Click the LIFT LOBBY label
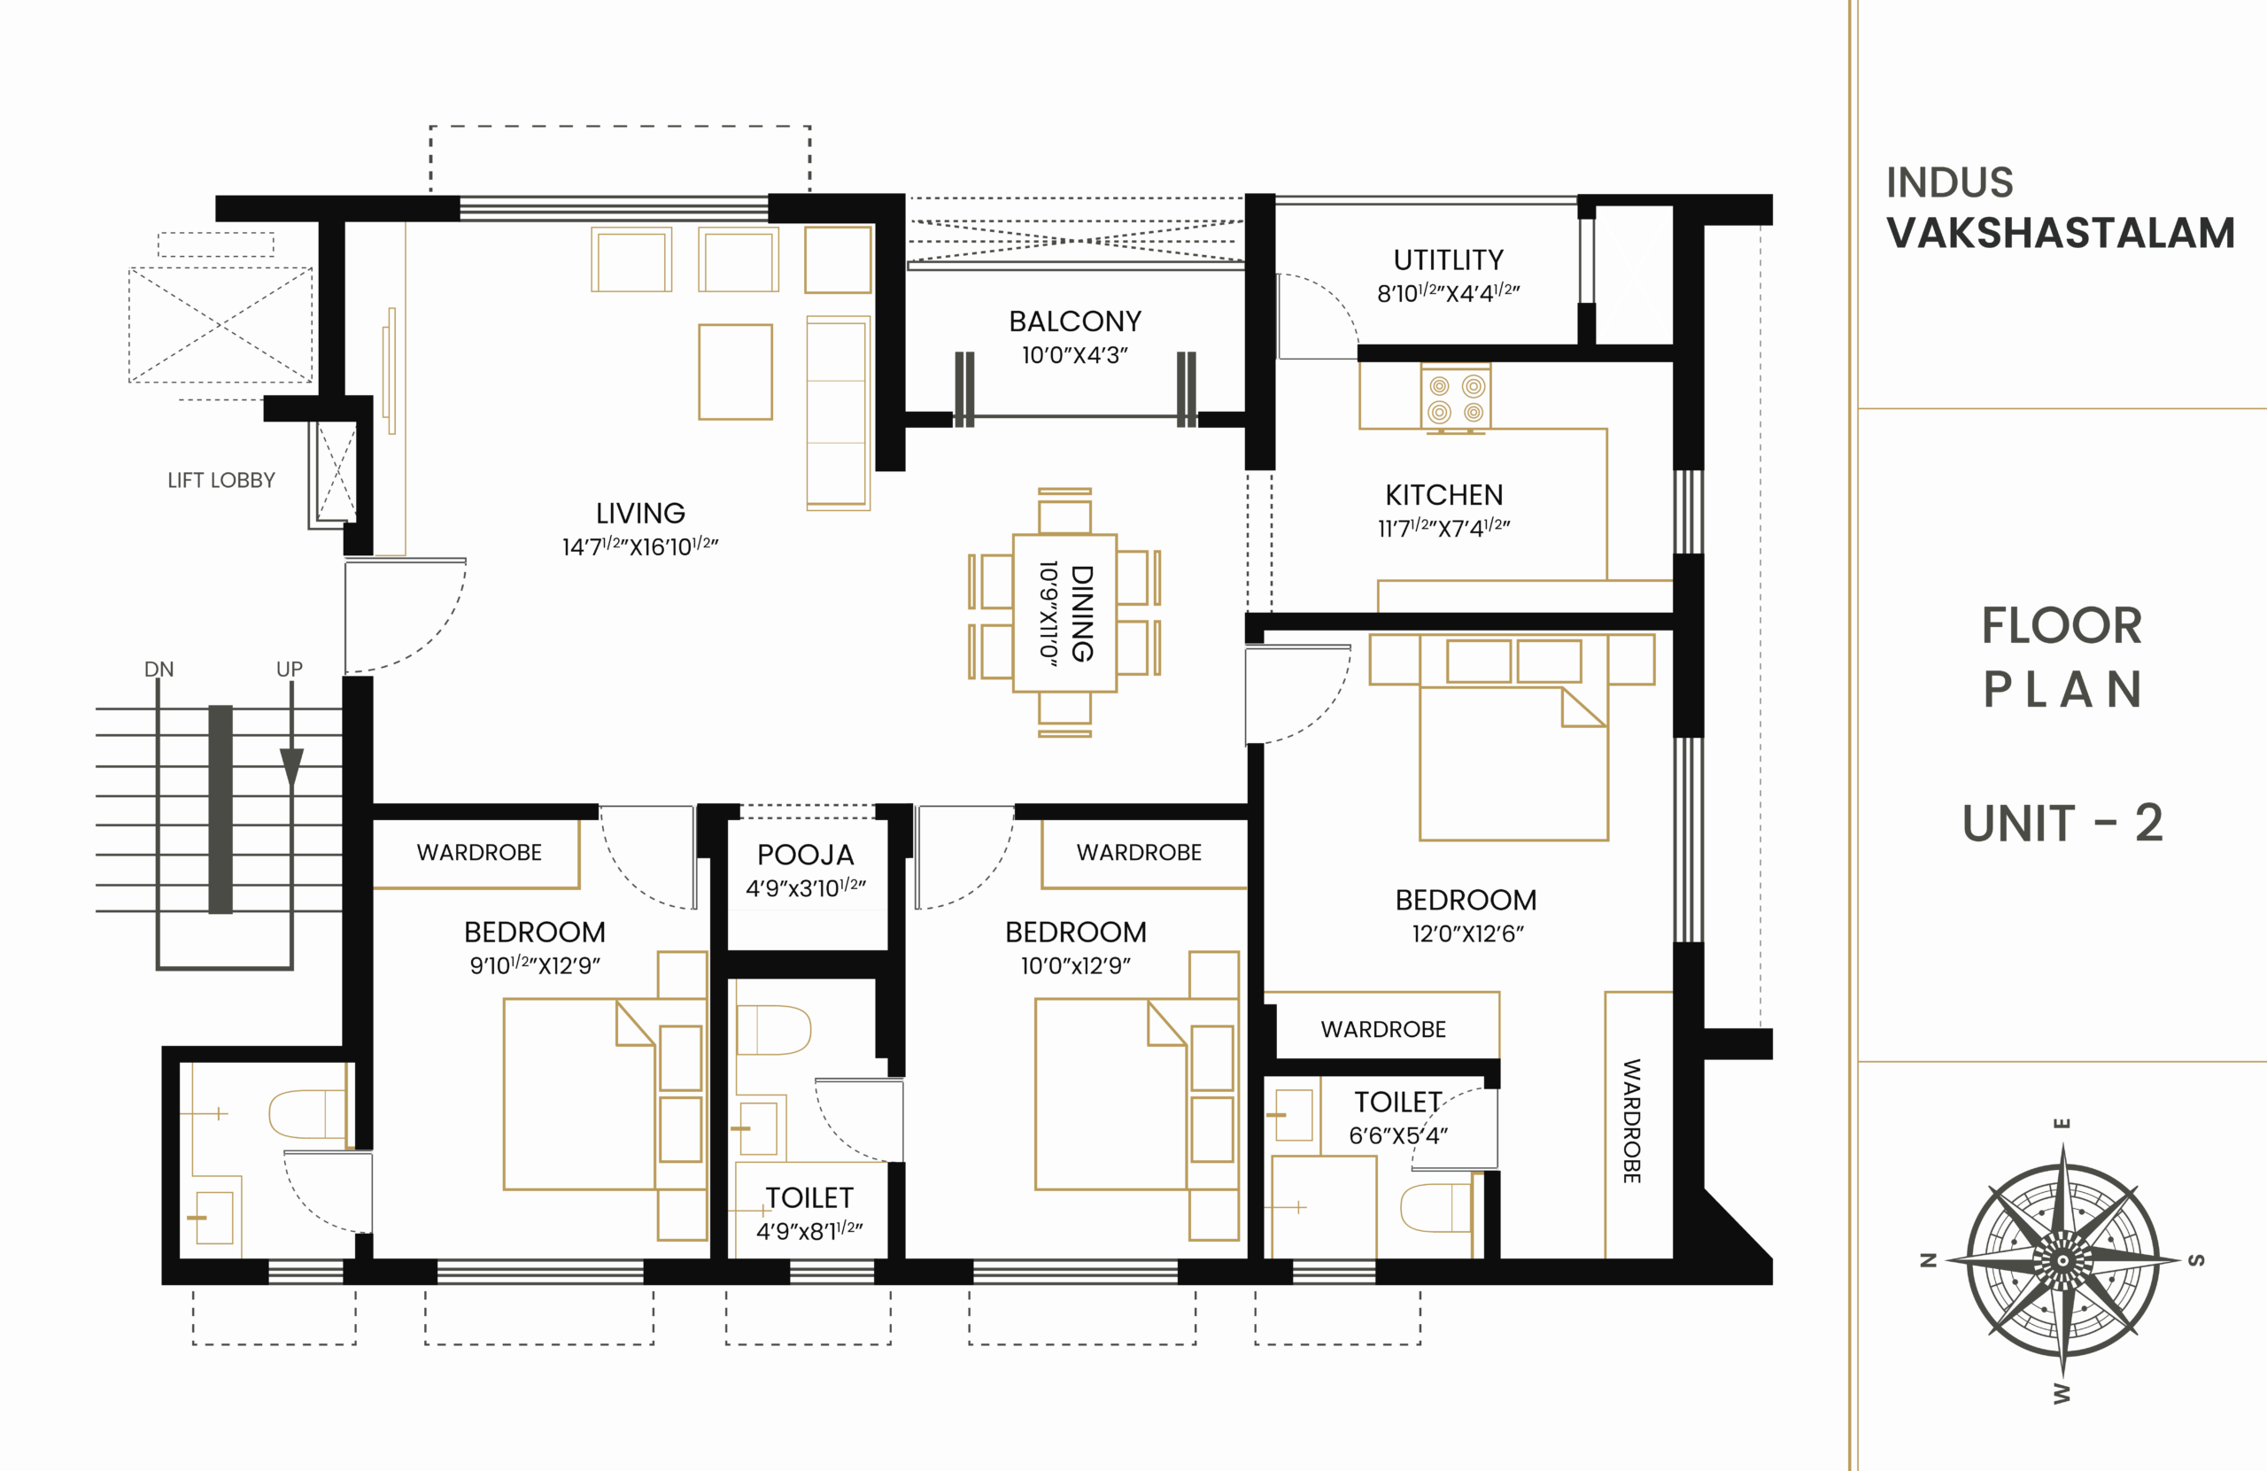point(221,480)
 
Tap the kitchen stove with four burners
point(1456,399)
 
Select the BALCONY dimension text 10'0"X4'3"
point(1074,355)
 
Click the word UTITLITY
point(1448,260)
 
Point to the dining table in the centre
point(1064,613)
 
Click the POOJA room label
point(805,855)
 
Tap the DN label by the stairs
point(159,669)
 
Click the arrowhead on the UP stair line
point(291,767)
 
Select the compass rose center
point(2062,1260)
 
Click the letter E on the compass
point(2062,1123)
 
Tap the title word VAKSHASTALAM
point(2061,234)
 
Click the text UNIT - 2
point(2062,823)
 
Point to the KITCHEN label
point(1444,494)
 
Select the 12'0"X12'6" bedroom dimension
point(1466,933)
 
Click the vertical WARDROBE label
point(1632,1120)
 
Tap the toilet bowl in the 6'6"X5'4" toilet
point(1434,1207)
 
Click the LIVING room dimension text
point(640,546)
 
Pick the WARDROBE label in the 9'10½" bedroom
point(479,853)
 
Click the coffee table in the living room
point(735,372)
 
